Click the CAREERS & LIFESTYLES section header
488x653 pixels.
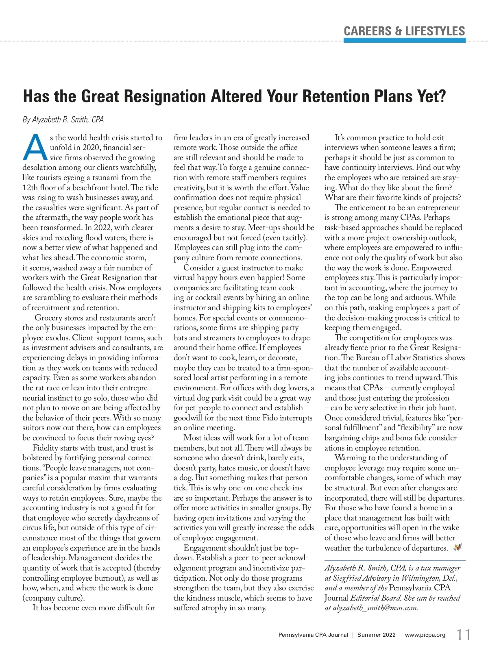coord(404,31)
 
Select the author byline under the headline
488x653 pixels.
coord(63,120)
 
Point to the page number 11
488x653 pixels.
coord(463,635)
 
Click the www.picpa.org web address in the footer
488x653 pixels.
coord(425,635)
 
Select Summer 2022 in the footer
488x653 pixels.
coord(376,635)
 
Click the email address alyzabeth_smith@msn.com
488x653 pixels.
coord(375,608)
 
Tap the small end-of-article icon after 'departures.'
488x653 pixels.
coord(457,548)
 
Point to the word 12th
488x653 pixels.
coord(30,188)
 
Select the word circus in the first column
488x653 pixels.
coord(34,528)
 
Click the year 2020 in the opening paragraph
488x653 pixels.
coord(91,148)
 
